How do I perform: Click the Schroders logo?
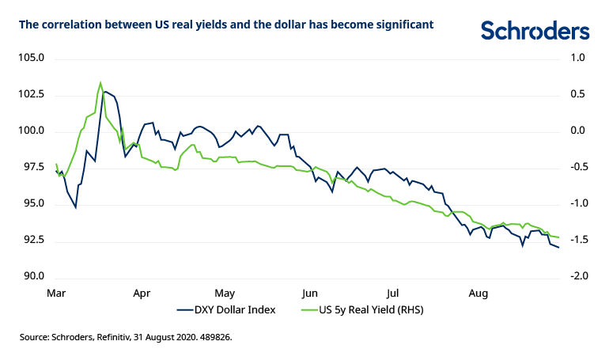[x=535, y=30]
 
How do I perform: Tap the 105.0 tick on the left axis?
[x=31, y=58]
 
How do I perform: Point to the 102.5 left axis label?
[x=31, y=94]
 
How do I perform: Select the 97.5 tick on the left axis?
[x=31, y=167]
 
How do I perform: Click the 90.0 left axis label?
[x=31, y=276]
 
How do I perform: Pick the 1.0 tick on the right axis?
[x=577, y=58]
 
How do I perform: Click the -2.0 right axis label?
[x=577, y=276]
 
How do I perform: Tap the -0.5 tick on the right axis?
[x=577, y=167]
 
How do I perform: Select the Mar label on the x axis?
[x=55, y=293]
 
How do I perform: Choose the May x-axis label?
[x=225, y=293]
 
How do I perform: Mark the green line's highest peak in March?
[x=100, y=82]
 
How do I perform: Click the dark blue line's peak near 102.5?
[x=105, y=92]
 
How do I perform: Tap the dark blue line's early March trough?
[x=76, y=207]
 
